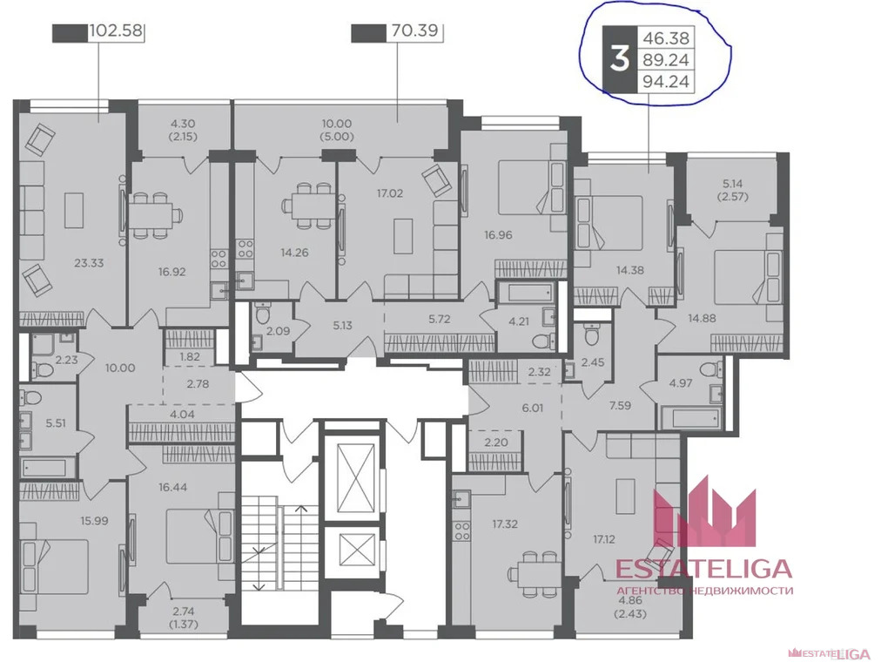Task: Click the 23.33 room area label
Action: [x=89, y=262]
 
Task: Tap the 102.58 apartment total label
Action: [x=117, y=30]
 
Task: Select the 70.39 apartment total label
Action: [x=414, y=30]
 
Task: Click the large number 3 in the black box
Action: [x=619, y=59]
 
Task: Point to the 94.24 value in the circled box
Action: [x=666, y=82]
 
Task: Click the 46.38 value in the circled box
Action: [x=666, y=38]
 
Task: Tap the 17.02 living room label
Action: [x=390, y=193]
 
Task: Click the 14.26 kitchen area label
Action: [x=294, y=253]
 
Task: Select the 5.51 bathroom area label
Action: [x=56, y=422]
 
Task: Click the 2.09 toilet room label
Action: [x=278, y=331]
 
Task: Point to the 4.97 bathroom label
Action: [x=681, y=383]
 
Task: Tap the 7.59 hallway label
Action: [x=621, y=405]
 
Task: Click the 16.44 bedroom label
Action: [x=172, y=487]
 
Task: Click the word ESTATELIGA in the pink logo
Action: [x=703, y=568]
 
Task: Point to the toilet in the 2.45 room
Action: [x=592, y=336]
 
